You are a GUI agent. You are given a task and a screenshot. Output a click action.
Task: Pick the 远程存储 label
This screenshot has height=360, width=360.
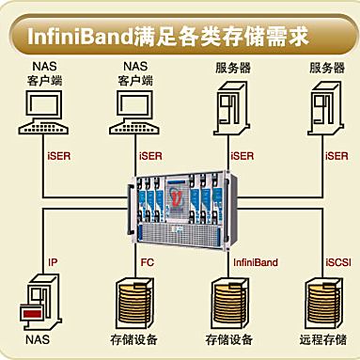(323, 337)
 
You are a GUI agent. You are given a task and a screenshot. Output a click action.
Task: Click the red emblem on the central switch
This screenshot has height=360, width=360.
(174, 197)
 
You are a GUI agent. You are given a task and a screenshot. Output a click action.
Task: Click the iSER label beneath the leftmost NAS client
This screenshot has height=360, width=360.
(57, 155)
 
